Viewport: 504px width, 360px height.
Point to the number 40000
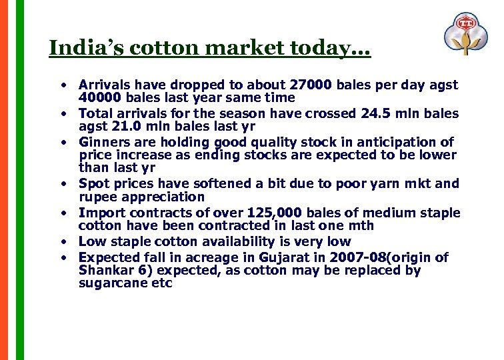[100, 97]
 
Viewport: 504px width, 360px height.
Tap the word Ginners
[103, 142]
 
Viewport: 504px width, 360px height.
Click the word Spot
[93, 183]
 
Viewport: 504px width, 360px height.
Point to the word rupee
[98, 197]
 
